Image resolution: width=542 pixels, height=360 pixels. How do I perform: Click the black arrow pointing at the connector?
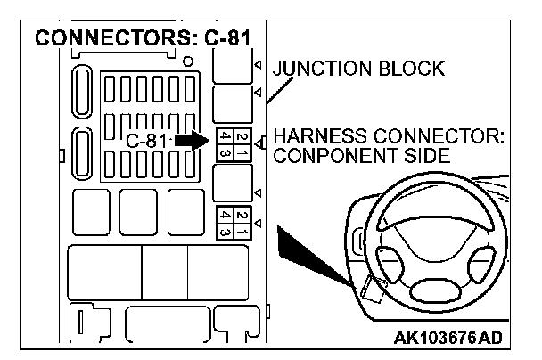[190, 141]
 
